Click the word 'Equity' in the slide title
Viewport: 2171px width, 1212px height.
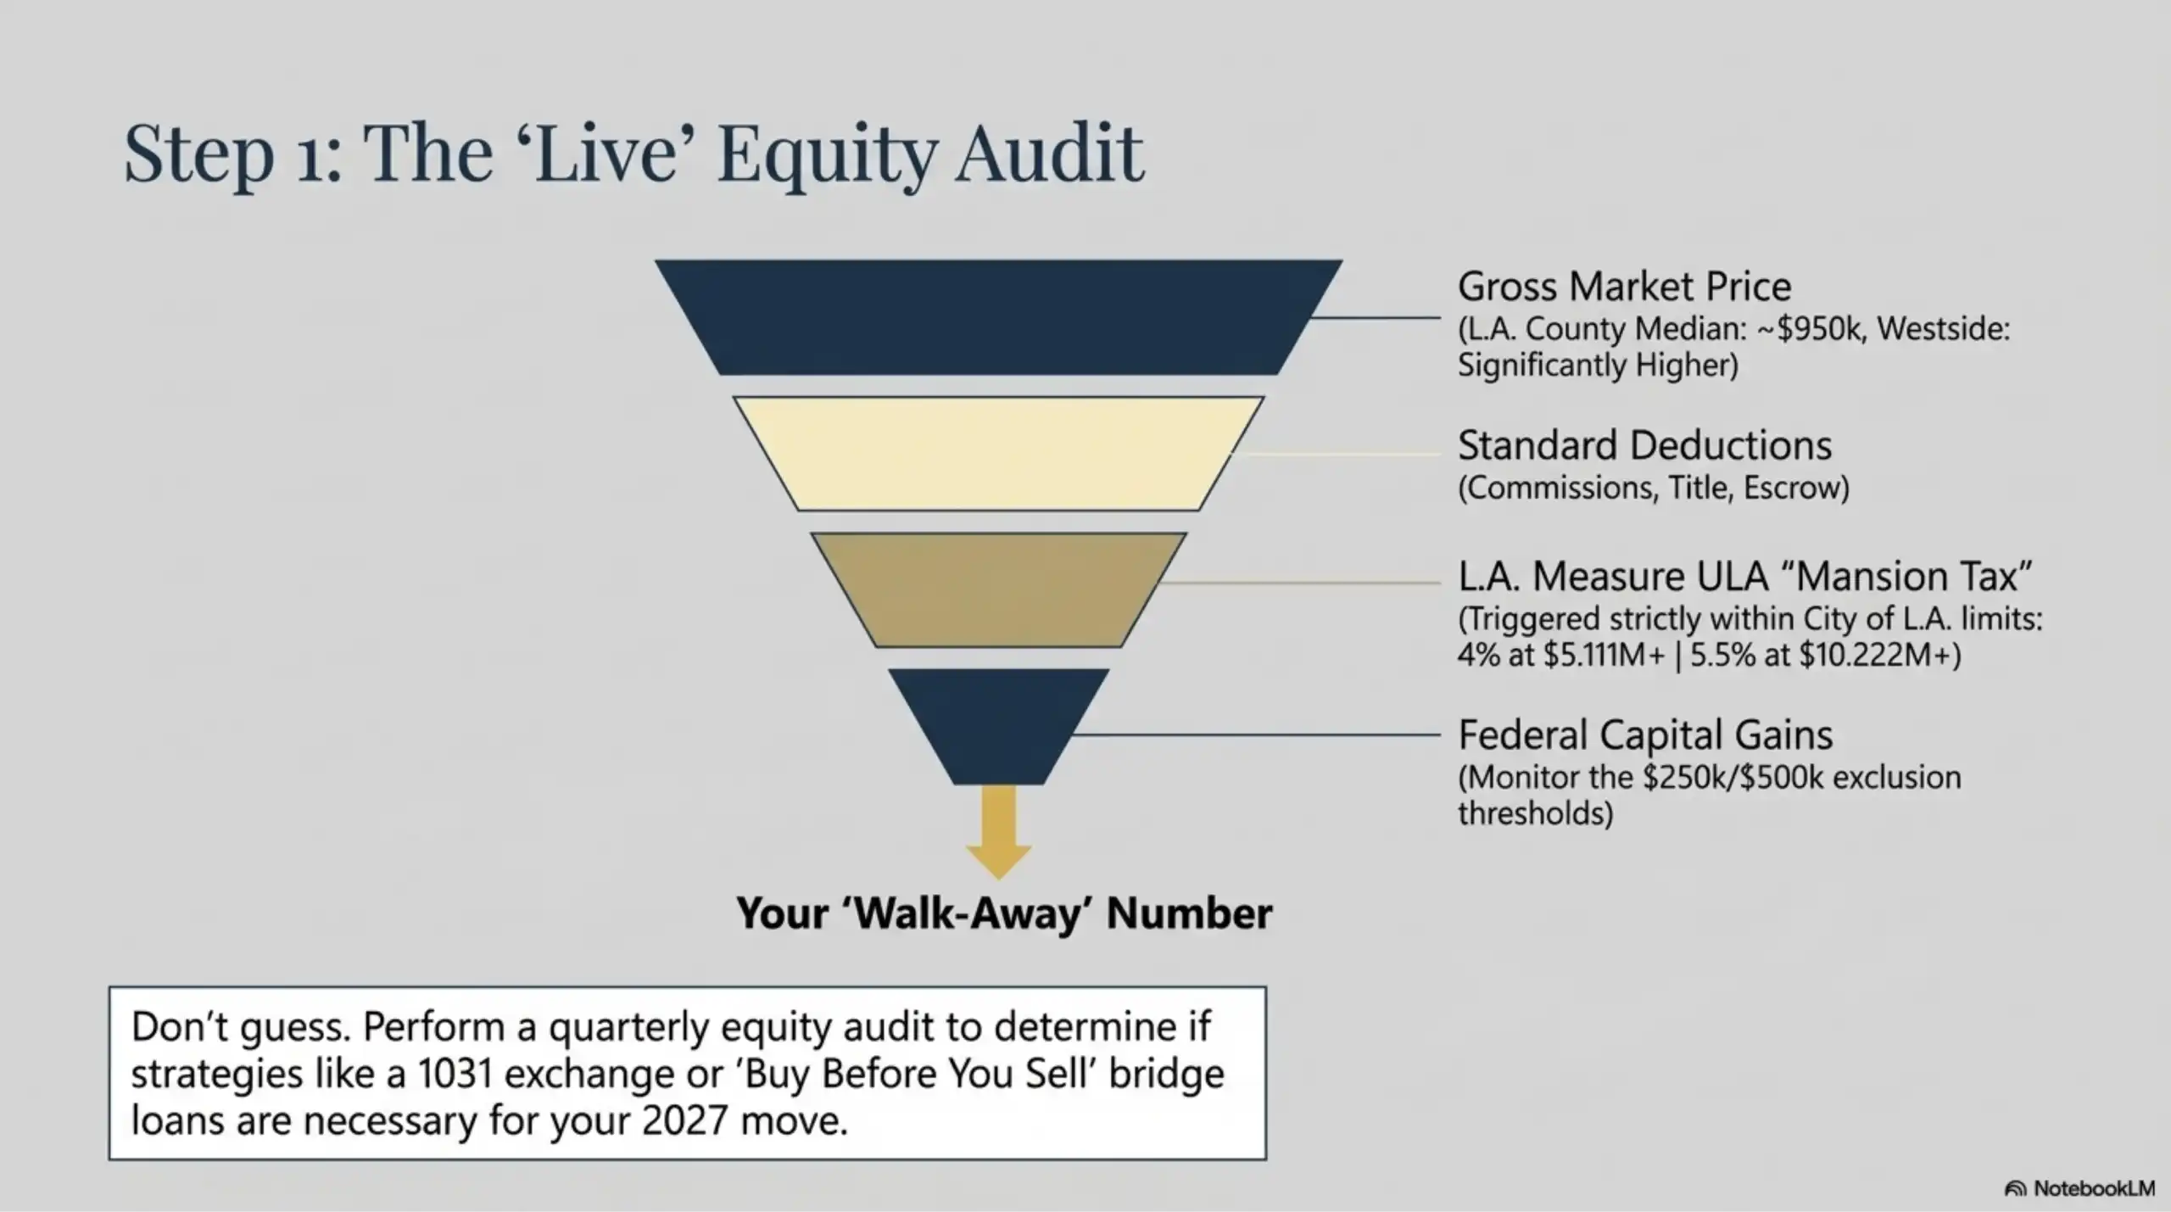(828, 155)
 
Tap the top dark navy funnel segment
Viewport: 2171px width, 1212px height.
(998, 316)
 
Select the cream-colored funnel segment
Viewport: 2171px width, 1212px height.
(998, 454)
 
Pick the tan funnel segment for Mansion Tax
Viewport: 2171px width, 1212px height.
(998, 589)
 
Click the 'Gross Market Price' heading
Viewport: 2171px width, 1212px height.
(1624, 287)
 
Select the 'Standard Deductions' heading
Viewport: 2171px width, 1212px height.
(1644, 445)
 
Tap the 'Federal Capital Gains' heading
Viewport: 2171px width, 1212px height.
(1645, 734)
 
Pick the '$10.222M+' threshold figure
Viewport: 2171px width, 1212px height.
(1878, 656)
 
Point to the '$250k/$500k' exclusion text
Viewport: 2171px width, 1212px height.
(1733, 778)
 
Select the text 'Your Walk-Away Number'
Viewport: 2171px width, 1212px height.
(1004, 913)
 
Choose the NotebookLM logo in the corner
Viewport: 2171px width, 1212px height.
(2079, 1188)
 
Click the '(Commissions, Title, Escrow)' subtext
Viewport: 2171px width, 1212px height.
(1653, 488)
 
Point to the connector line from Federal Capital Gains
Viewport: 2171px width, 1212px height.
(1255, 734)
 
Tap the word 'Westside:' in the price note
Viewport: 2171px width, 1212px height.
(1943, 329)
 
